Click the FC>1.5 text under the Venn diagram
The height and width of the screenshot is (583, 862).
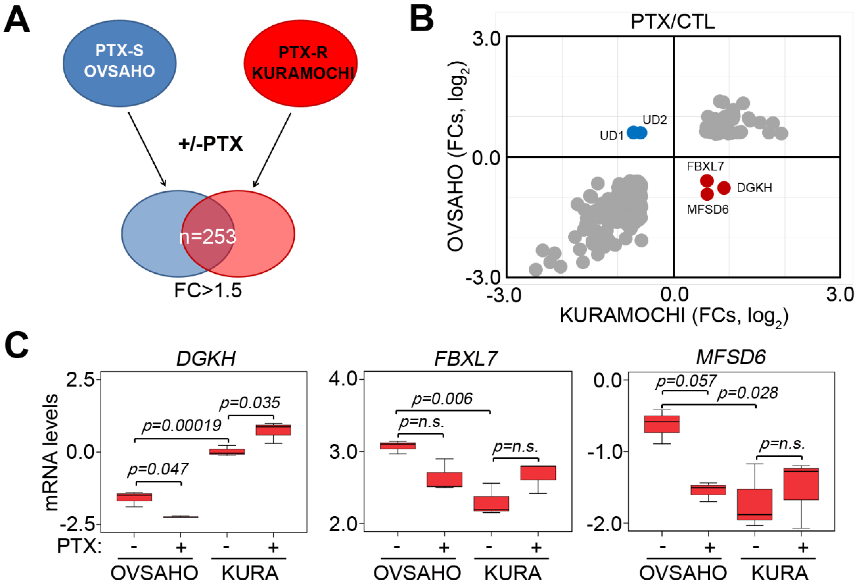click(x=208, y=290)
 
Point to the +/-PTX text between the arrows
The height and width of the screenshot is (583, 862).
click(x=210, y=144)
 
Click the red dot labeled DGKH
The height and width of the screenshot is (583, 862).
click(x=724, y=188)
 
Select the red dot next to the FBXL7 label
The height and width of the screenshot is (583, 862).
click(x=707, y=181)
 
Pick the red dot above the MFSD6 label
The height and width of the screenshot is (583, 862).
click(x=707, y=194)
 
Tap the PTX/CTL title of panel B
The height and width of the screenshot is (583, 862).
click(x=672, y=22)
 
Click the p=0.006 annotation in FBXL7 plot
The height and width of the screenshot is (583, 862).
click(x=442, y=399)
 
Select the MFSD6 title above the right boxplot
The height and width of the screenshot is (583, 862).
click(x=731, y=357)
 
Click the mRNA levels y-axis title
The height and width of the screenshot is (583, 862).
click(x=51, y=452)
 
